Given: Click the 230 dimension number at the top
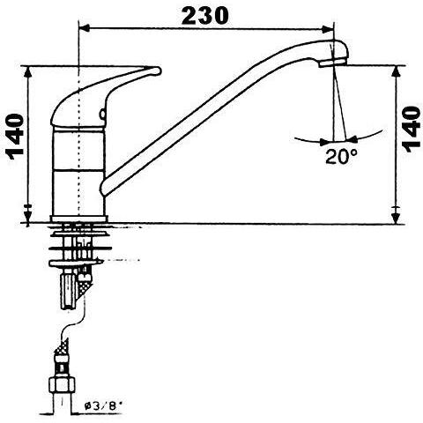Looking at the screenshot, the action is click(204, 16).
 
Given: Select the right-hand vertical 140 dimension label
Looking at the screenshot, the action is click(412, 130).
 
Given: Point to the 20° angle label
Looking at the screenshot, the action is click(341, 156).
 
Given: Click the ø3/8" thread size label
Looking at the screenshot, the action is click(102, 406).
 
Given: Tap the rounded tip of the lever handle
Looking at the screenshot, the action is click(158, 71).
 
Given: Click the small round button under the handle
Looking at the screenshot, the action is click(103, 114).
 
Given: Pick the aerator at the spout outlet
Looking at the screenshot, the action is click(332, 62).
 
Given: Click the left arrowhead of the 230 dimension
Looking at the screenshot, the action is click(84, 28).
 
